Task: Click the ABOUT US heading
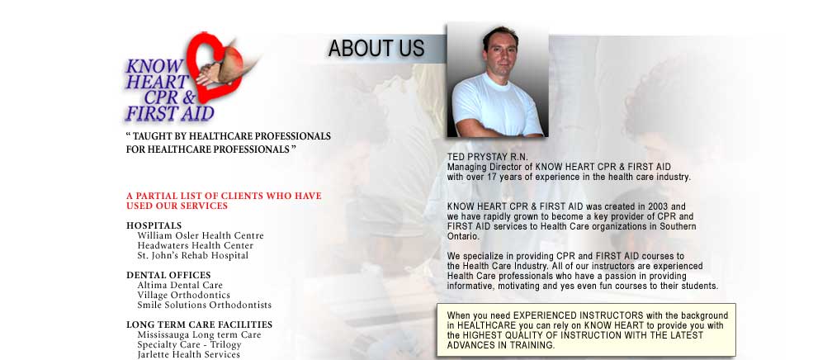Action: tap(376, 49)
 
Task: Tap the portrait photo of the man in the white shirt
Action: tap(497, 80)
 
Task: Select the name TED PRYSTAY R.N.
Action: tap(480, 157)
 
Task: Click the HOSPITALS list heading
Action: tap(154, 225)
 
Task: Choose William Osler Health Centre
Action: tap(201, 236)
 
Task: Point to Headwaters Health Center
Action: tap(196, 246)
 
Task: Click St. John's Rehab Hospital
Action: tap(192, 255)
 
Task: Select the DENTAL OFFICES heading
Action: tap(168, 275)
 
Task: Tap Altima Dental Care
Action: tap(180, 285)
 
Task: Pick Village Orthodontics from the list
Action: tap(183, 296)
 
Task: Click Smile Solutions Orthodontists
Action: tap(205, 306)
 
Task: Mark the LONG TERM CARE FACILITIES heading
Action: tap(200, 324)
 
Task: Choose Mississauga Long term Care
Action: tap(199, 335)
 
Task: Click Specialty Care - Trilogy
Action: tap(190, 344)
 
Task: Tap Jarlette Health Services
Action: tap(188, 355)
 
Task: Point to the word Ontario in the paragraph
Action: tap(463, 236)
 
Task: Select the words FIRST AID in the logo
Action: tap(170, 114)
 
